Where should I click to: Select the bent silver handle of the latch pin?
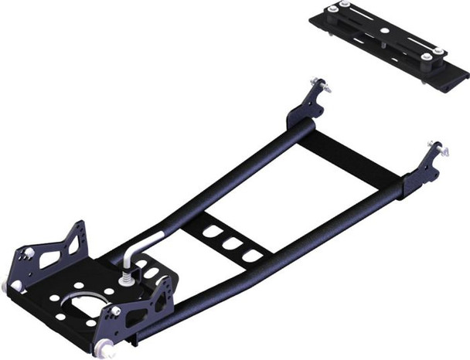(x=143, y=244)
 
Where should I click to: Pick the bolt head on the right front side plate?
(x=116, y=311)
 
